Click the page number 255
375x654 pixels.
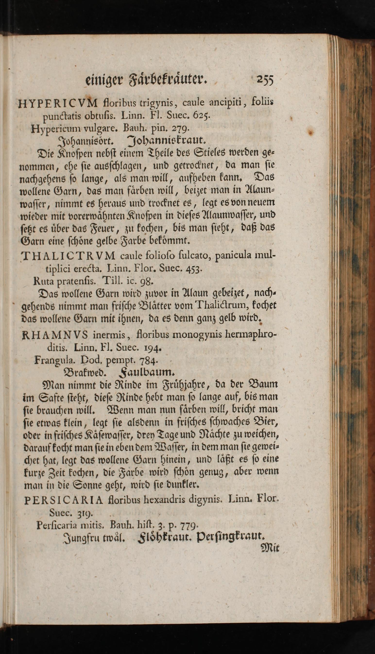click(x=265, y=80)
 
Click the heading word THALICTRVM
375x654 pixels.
click(x=69, y=256)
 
